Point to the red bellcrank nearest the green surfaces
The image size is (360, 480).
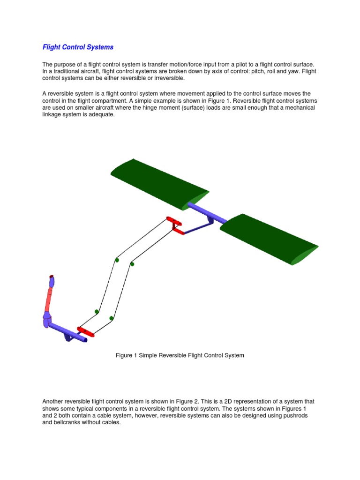point(174,225)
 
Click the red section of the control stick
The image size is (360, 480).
point(48,300)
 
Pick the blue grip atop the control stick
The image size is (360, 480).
point(51,282)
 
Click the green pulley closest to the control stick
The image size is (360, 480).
point(97,311)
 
